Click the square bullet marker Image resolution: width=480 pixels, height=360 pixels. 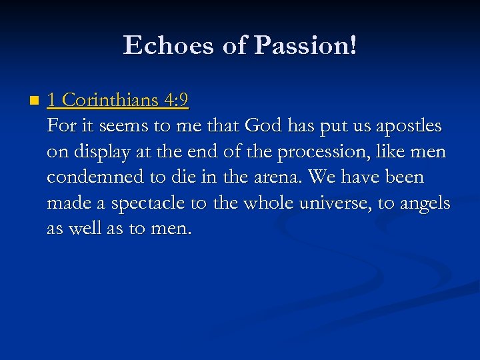[x=34, y=102]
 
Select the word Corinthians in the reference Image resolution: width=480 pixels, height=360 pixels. [x=109, y=101]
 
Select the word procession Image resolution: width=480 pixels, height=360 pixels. [x=317, y=152]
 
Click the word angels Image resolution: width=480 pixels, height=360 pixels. [x=425, y=203]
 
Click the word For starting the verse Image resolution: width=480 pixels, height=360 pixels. [x=60, y=126]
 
